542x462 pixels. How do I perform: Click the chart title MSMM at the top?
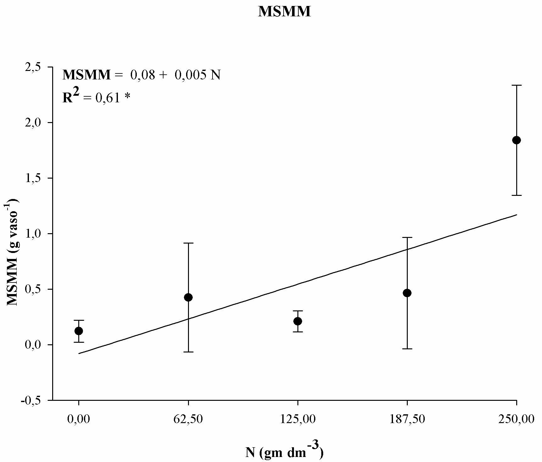pyautogui.click(x=284, y=12)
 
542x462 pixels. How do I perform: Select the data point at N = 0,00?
pyautogui.click(x=79, y=331)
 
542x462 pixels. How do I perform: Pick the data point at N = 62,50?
pyautogui.click(x=188, y=297)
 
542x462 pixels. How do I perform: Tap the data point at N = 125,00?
pyautogui.click(x=298, y=321)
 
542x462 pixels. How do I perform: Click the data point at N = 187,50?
pyautogui.click(x=407, y=293)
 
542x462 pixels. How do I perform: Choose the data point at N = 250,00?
pyautogui.click(x=517, y=140)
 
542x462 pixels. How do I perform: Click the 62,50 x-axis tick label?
pyautogui.click(x=188, y=419)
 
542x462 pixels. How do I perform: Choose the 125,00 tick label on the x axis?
pyautogui.click(x=298, y=419)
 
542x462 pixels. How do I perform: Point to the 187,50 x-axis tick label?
pyautogui.click(x=407, y=419)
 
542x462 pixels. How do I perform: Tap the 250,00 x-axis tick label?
pyautogui.click(x=517, y=419)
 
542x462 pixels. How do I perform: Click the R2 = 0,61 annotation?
pyautogui.click(x=96, y=97)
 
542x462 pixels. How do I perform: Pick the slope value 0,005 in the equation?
pyautogui.click(x=188, y=75)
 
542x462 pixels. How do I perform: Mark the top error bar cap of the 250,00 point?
pyautogui.click(x=517, y=85)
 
